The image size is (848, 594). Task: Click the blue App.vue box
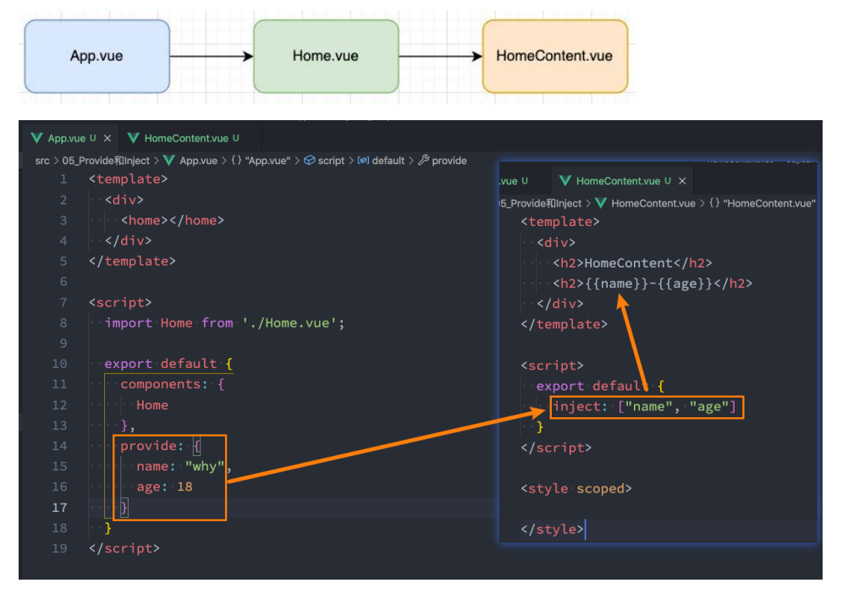pyautogui.click(x=96, y=57)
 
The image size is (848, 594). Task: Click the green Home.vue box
pyautogui.click(x=325, y=57)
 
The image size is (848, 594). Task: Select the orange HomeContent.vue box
pyautogui.click(x=554, y=57)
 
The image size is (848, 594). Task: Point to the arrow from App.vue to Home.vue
pyautogui.click(x=212, y=57)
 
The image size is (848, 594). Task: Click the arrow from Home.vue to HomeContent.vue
pyautogui.click(x=440, y=57)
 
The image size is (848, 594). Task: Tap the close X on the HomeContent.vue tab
pyautogui.click(x=682, y=181)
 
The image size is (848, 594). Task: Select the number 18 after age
pyautogui.click(x=184, y=487)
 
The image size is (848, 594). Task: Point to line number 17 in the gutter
pyautogui.click(x=60, y=508)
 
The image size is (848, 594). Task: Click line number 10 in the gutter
pyautogui.click(x=60, y=364)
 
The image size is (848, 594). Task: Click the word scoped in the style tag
pyautogui.click(x=603, y=488)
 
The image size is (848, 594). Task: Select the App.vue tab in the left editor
pyautogui.click(x=66, y=138)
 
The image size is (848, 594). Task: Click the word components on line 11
pyautogui.click(x=161, y=384)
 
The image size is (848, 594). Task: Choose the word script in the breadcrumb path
pyautogui.click(x=331, y=160)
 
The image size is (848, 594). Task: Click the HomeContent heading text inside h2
pyautogui.click(x=627, y=262)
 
